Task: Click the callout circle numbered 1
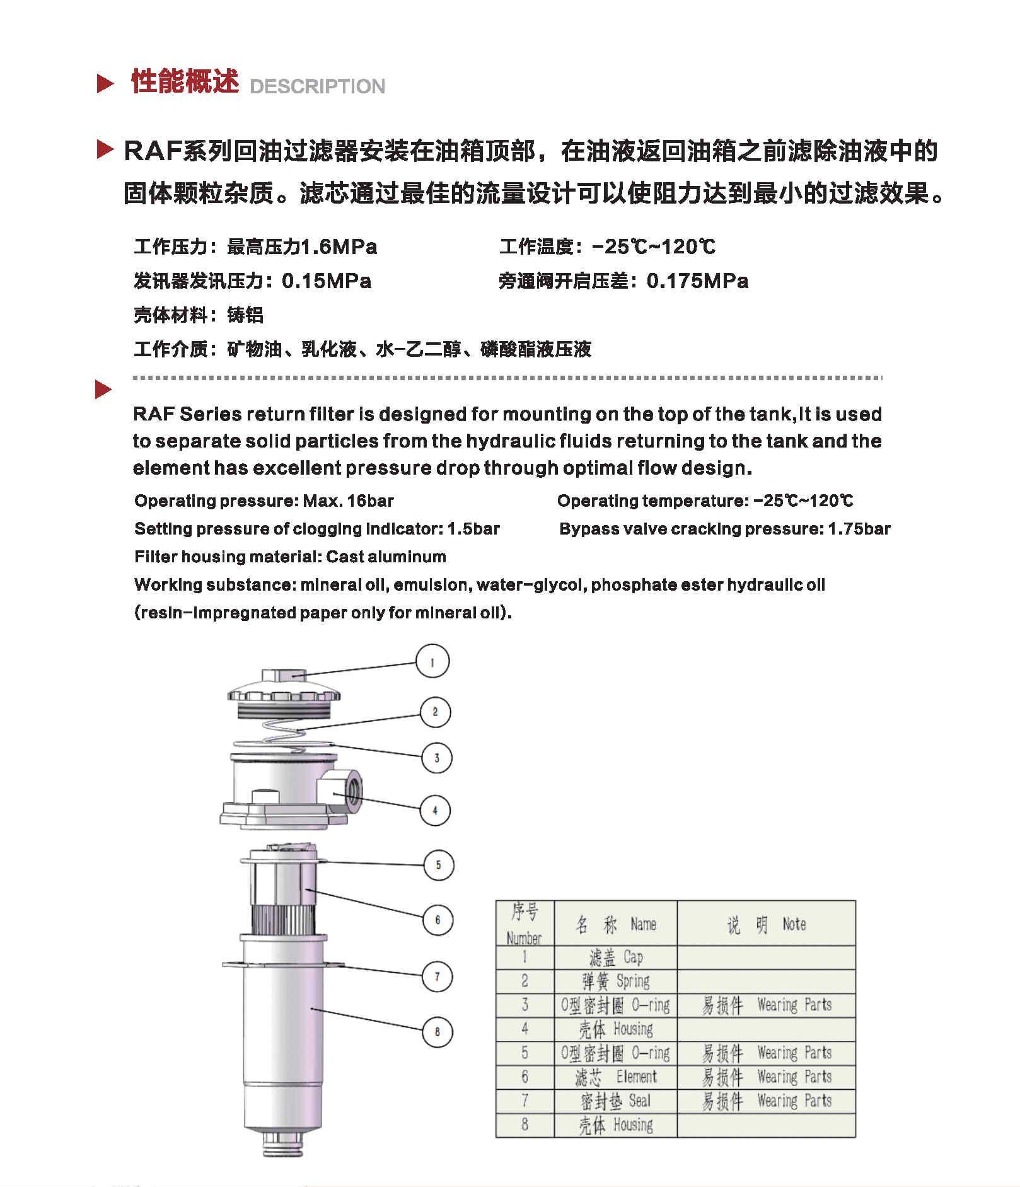pyautogui.click(x=432, y=662)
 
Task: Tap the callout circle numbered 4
pyautogui.click(x=435, y=810)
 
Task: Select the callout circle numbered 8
pyautogui.click(x=437, y=1032)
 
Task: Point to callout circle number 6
pyautogui.click(x=438, y=920)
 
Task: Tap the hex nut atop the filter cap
pyautogui.click(x=283, y=675)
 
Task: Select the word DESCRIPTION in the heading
pyautogui.click(x=317, y=86)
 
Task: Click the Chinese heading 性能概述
pyautogui.click(x=185, y=82)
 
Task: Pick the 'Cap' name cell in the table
pyautogui.click(x=615, y=958)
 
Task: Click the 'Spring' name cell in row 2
pyautogui.click(x=615, y=981)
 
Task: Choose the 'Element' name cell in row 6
pyautogui.click(x=615, y=1077)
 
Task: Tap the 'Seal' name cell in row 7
pyautogui.click(x=615, y=1101)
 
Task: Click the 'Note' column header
pyautogui.click(x=766, y=924)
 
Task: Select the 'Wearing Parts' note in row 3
pyautogui.click(x=766, y=1005)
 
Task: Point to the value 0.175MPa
pyautogui.click(x=697, y=281)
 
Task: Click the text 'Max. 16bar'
pyautogui.click(x=348, y=501)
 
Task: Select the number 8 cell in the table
pyautogui.click(x=524, y=1125)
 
